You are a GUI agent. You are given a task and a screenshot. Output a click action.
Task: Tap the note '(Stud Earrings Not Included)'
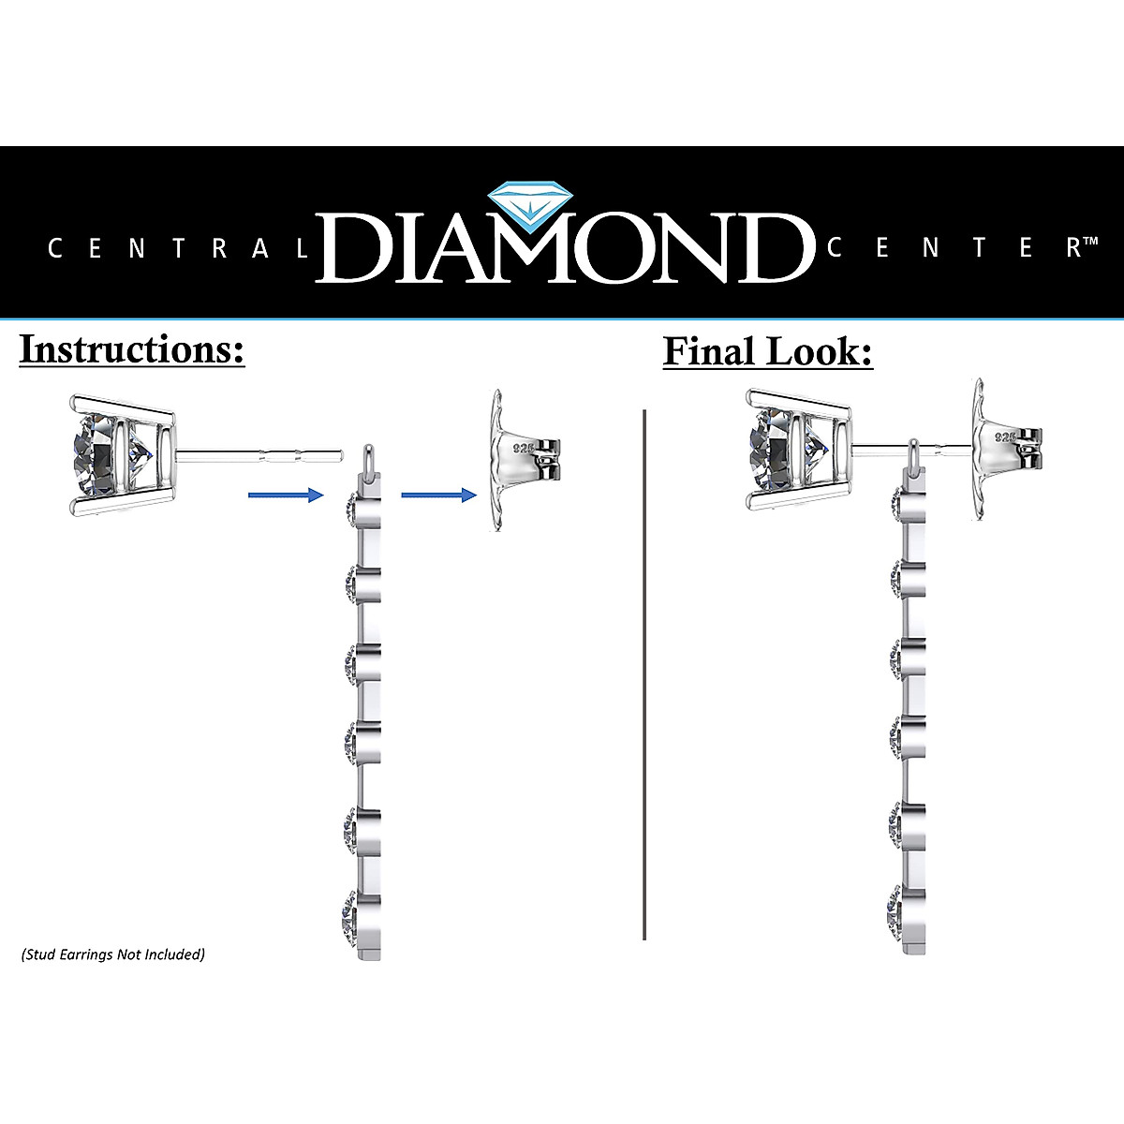112,955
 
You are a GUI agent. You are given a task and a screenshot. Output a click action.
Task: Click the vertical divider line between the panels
645,674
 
